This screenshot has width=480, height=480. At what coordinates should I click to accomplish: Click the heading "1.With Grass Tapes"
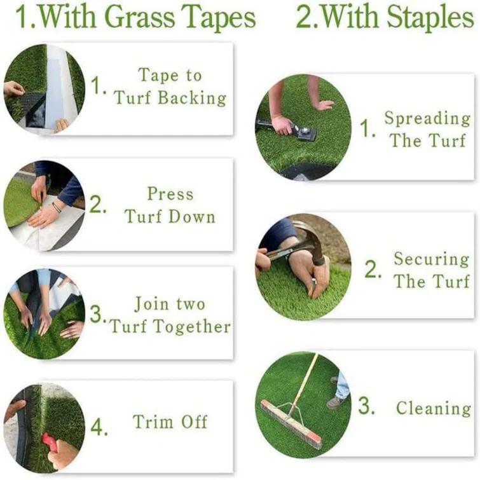(135, 18)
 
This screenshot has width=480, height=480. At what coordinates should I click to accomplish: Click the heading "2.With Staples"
(385, 18)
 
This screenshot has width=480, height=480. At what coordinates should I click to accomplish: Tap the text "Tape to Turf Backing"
(170, 87)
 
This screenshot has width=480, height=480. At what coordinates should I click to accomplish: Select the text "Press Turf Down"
(170, 205)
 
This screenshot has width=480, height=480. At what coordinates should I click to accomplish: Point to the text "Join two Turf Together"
(169, 315)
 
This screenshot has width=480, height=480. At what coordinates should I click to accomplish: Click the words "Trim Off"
(170, 422)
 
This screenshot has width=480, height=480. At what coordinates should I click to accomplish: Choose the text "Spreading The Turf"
(427, 129)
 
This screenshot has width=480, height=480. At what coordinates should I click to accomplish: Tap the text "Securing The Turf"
(431, 270)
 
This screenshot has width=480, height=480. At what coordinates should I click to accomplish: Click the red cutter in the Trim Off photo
(50, 442)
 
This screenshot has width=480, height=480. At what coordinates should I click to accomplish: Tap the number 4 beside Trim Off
(99, 427)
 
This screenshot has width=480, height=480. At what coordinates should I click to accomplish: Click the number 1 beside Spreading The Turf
(366, 130)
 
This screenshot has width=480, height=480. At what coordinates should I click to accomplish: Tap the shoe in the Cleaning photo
(336, 402)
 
